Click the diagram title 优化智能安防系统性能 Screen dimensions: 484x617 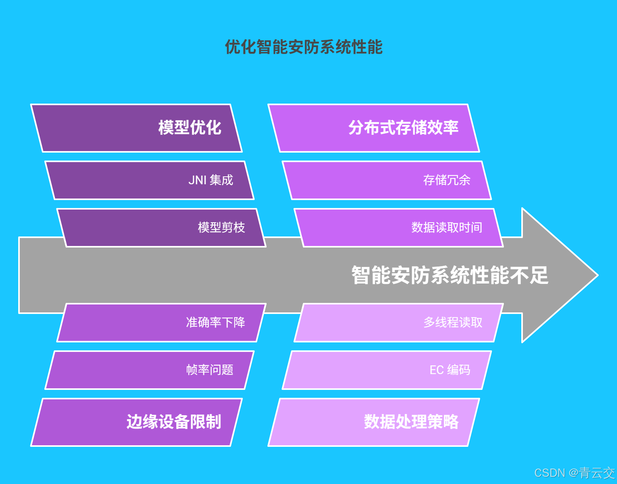coord(304,47)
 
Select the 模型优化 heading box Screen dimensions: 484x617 coord(136,128)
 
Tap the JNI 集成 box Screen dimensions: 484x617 coord(150,180)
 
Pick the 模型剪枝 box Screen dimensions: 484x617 coord(161,228)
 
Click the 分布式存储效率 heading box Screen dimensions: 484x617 coord(374,128)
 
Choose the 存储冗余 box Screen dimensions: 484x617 coord(387,180)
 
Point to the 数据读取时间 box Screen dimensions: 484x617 coord(399,228)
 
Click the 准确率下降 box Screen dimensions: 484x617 coord(161,323)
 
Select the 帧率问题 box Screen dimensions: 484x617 coord(150,370)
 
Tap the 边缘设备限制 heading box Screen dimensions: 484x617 coord(136,422)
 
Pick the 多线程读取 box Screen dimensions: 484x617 coord(399,323)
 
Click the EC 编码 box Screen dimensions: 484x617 coord(387,370)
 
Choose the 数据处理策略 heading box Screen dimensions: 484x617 coord(374,422)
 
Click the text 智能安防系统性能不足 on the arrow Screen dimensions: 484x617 coord(450,275)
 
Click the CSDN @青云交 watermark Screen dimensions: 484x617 coord(574,473)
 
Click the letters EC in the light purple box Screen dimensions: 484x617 coord(436,370)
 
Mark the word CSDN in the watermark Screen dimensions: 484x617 coord(549,473)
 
